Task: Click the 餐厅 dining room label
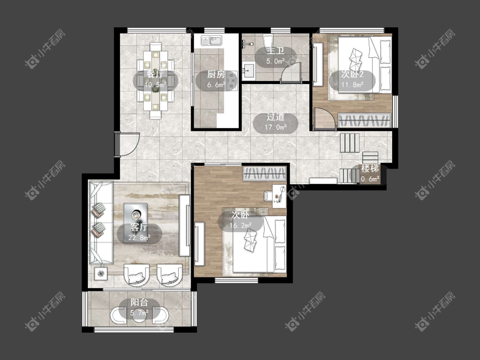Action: [x=155, y=74]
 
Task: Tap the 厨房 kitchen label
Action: [x=216, y=74]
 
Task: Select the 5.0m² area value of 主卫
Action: [x=276, y=61]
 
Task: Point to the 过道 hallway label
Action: [x=276, y=116]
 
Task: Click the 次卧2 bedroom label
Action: [x=352, y=74]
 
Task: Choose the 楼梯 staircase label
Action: [x=370, y=168]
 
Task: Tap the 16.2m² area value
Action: [x=241, y=226]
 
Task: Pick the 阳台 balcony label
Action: [x=139, y=302]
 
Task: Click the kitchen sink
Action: [x=212, y=41]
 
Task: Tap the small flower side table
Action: [x=101, y=273]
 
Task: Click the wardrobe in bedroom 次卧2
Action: [x=365, y=120]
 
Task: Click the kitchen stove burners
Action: [x=233, y=81]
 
